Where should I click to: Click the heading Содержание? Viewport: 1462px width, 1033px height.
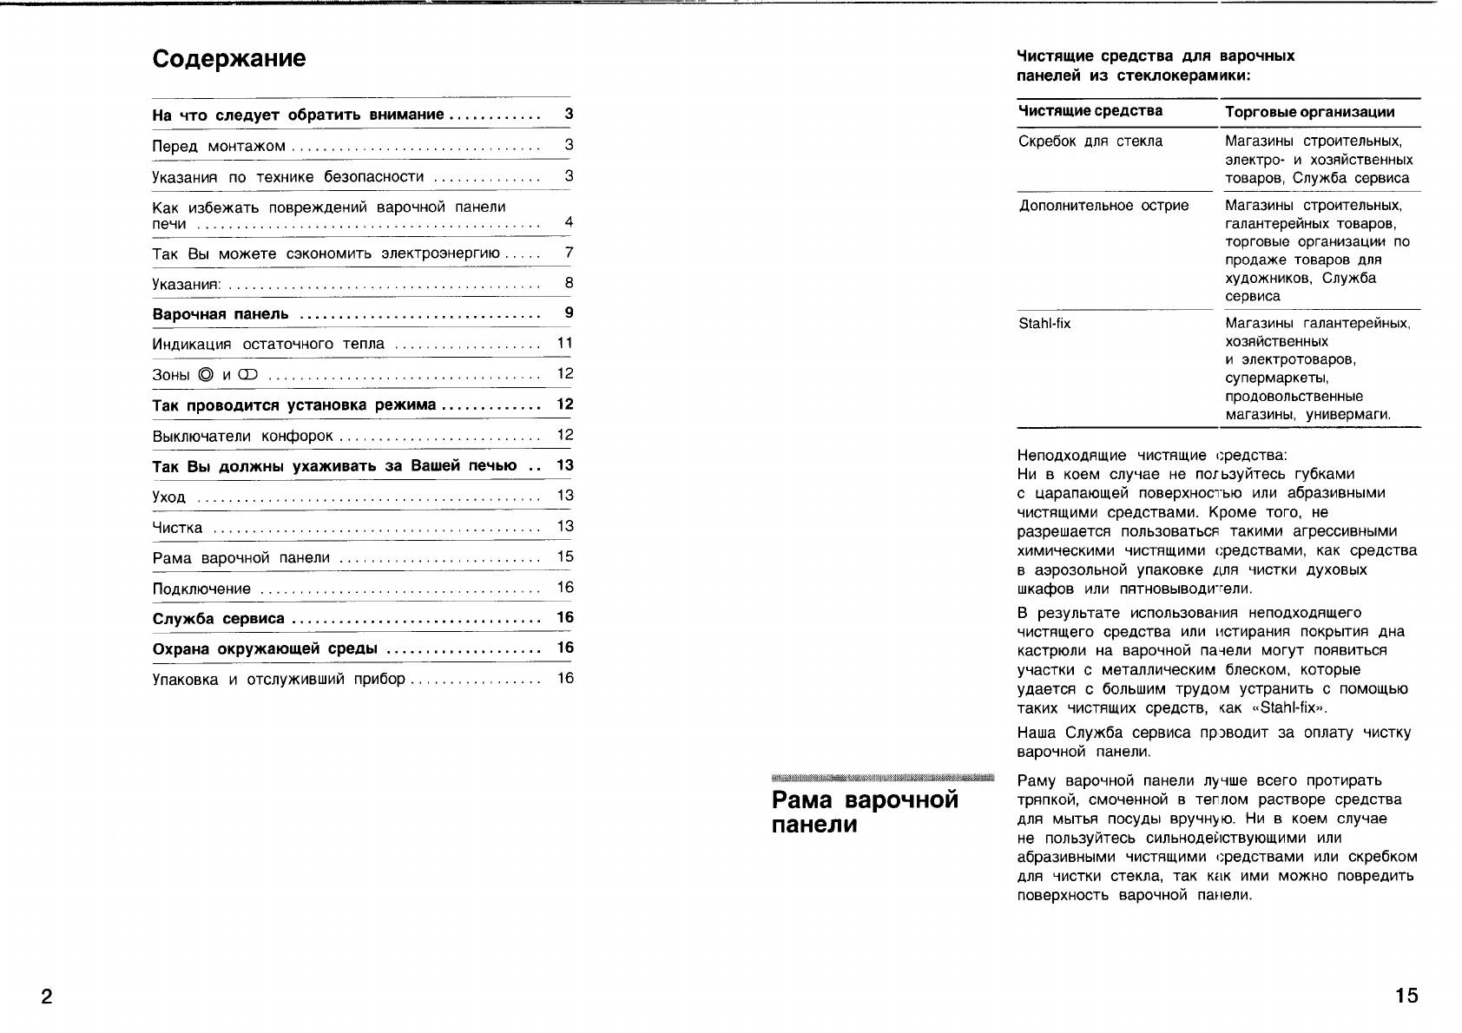(229, 59)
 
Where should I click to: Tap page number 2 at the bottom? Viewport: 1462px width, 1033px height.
(47, 996)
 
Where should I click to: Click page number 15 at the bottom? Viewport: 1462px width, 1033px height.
(1406, 996)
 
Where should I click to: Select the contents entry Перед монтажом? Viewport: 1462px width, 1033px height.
(219, 146)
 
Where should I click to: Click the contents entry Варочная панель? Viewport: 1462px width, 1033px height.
(221, 314)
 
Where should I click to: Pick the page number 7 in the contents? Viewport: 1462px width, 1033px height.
(569, 253)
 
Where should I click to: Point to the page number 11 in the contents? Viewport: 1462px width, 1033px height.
(565, 343)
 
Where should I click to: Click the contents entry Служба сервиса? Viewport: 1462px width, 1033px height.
(219, 619)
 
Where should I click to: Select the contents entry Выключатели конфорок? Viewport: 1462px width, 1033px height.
(243, 436)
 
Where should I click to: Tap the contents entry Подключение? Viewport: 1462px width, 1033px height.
(201, 589)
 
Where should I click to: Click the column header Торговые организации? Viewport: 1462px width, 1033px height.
(1309, 112)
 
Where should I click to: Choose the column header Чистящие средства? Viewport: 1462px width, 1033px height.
(1090, 111)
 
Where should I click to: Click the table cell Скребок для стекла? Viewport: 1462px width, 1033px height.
(1090, 141)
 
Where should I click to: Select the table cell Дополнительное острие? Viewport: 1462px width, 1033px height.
(1103, 206)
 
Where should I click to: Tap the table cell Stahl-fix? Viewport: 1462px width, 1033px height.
(1044, 324)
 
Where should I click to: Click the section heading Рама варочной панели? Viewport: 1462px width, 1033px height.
(865, 812)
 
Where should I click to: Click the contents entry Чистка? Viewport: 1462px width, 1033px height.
(177, 528)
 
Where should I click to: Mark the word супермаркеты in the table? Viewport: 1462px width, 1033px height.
(1276, 378)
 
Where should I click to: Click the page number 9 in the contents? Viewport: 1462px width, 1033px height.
(569, 313)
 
